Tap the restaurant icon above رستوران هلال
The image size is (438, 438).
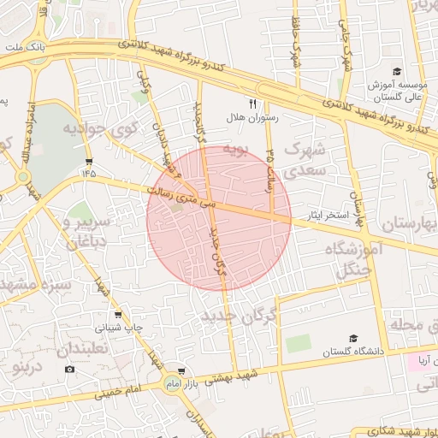click(x=252, y=103)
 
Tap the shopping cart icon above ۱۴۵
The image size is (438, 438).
click(x=89, y=161)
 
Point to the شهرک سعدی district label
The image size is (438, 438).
click(x=305, y=159)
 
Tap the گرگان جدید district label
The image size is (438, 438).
click(x=240, y=317)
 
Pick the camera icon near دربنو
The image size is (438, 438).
click(x=69, y=369)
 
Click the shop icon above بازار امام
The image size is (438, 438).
click(x=181, y=371)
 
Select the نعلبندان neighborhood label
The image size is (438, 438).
click(x=82, y=349)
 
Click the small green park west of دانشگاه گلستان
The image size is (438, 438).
click(x=299, y=344)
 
